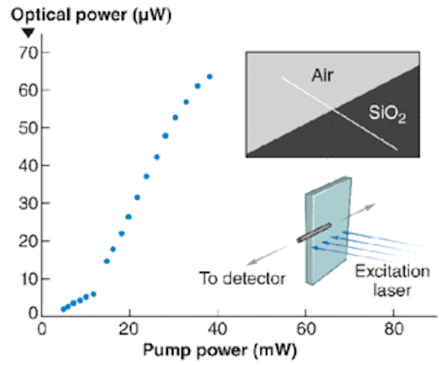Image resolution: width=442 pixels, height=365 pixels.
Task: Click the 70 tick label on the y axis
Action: tap(28, 53)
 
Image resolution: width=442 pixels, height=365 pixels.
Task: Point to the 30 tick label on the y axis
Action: tap(28, 203)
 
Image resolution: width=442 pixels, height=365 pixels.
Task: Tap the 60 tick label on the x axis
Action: tap(306, 329)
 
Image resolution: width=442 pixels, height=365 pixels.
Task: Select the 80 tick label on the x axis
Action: tap(394, 329)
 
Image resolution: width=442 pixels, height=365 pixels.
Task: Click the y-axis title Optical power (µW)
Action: tap(91, 15)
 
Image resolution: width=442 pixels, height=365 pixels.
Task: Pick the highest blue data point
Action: tap(210, 77)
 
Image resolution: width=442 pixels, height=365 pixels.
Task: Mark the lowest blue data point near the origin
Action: tap(64, 310)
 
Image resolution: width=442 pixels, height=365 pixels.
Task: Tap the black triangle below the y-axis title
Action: tap(28, 32)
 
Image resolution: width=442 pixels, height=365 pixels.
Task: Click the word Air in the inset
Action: tap(323, 75)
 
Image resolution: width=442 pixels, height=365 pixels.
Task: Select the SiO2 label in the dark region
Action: tap(387, 113)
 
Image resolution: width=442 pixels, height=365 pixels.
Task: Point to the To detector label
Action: tap(242, 279)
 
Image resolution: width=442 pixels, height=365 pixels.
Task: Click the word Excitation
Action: tap(392, 272)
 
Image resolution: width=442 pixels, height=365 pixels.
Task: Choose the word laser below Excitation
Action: tap(392, 290)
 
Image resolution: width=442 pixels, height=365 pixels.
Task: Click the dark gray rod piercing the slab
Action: tap(314, 233)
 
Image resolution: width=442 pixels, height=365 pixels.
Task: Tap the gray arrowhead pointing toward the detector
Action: tap(251, 262)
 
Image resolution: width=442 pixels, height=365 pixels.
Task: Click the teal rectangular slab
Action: tap(329, 231)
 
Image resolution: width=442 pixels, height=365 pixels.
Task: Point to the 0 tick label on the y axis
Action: tap(33, 313)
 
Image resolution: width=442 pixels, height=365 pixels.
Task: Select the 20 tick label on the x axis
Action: tap(128, 329)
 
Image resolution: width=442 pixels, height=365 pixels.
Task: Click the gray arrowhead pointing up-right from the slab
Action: tap(371, 206)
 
